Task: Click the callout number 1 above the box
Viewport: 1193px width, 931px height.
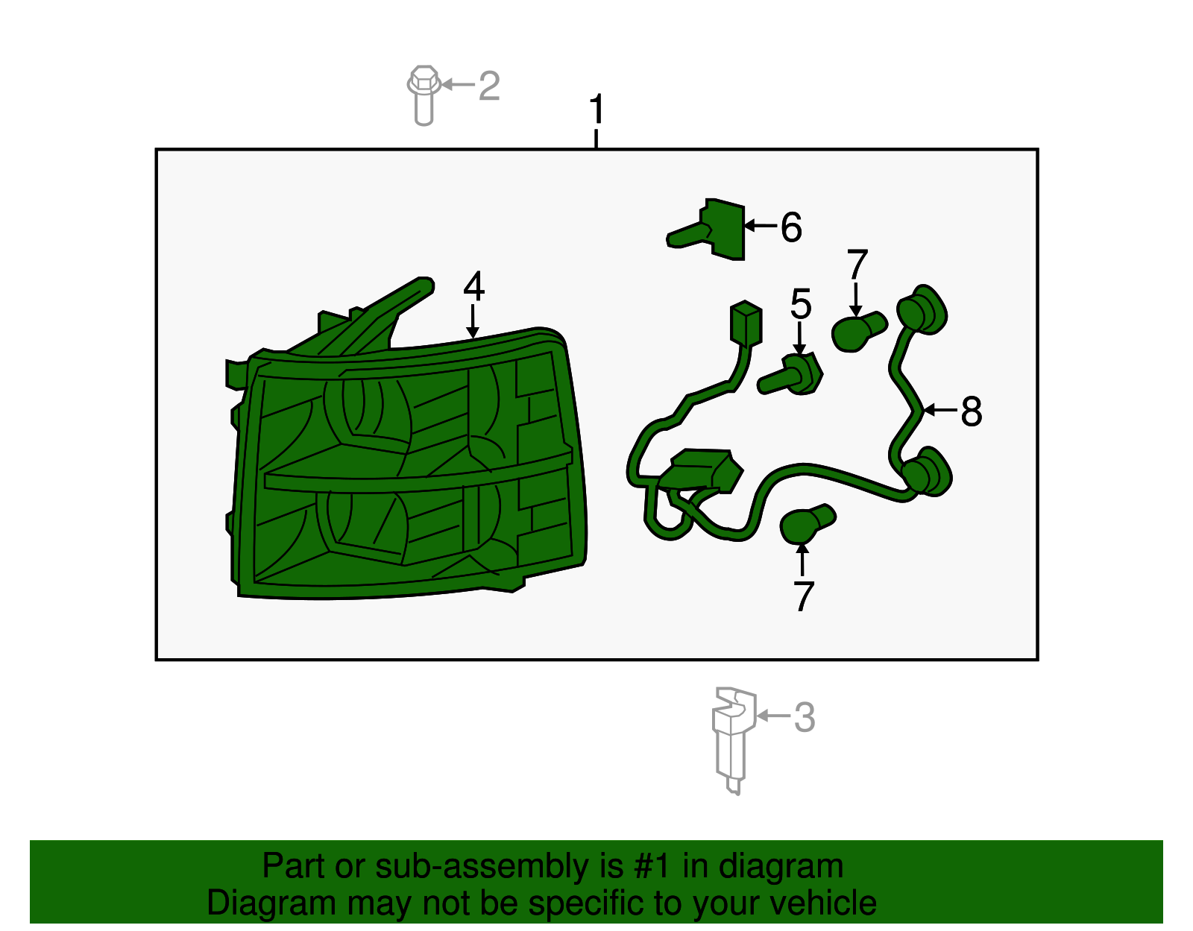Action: [x=596, y=109]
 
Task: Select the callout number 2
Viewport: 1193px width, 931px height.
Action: [x=489, y=86]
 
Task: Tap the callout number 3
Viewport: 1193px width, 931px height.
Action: [x=805, y=717]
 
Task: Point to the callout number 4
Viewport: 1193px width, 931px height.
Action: [x=473, y=286]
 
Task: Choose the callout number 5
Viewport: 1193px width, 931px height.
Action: [x=801, y=304]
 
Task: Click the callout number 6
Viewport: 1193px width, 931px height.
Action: [x=791, y=227]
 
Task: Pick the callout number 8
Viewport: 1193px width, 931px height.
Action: [x=972, y=411]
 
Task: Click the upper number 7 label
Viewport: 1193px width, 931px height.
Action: [x=857, y=265]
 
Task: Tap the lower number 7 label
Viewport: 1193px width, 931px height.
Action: [x=803, y=596]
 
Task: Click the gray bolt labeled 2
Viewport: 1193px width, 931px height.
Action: [x=424, y=95]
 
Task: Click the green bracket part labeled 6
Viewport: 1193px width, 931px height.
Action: [x=708, y=230]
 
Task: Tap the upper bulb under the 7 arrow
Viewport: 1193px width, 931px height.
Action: [x=857, y=332]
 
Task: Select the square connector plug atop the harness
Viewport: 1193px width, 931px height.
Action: [x=746, y=324]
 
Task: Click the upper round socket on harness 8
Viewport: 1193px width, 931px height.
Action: [x=922, y=310]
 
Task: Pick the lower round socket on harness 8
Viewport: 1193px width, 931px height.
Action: [x=926, y=473]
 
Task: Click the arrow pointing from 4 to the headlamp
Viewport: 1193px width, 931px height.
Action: [x=472, y=322]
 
